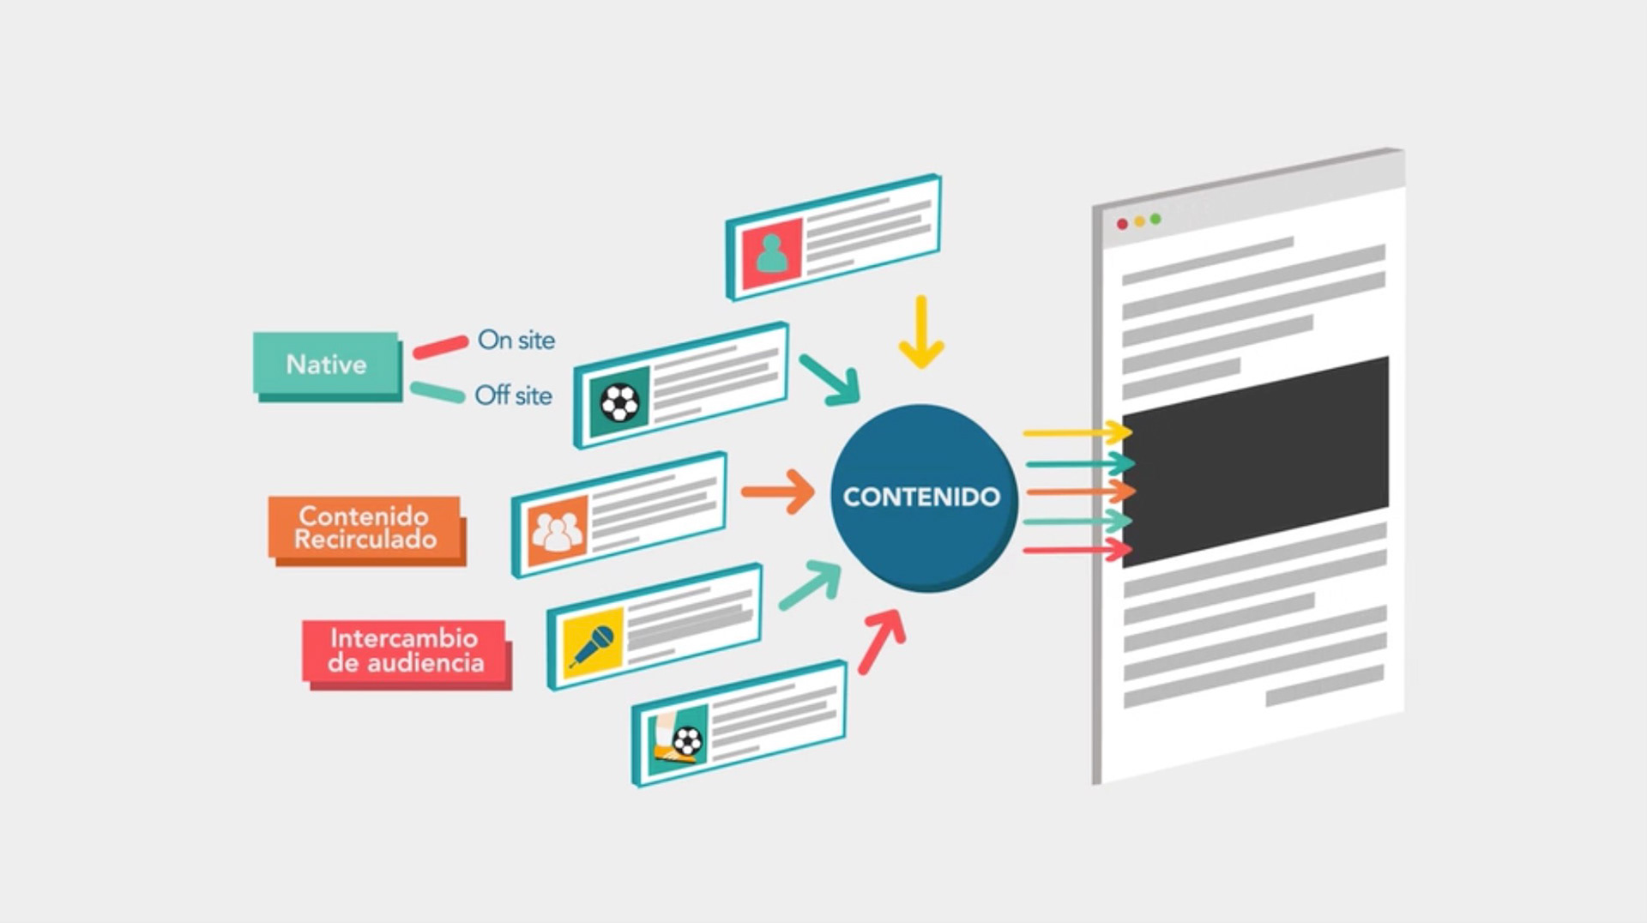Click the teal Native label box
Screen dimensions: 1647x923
coord(326,364)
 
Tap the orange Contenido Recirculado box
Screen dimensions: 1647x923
coord(365,528)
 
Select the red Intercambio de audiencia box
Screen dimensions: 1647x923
coord(404,650)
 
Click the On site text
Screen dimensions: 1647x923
coord(516,340)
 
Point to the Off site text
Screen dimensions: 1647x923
coord(513,395)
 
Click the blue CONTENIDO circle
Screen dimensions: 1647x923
coord(922,497)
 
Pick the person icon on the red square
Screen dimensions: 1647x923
coord(772,253)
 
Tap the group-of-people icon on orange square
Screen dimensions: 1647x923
coord(557,530)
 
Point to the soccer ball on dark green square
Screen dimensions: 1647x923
coord(619,402)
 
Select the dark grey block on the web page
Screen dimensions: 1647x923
coord(1255,461)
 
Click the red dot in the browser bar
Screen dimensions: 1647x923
coord(1122,224)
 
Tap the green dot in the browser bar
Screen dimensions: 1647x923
coord(1155,219)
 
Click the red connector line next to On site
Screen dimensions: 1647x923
coord(440,347)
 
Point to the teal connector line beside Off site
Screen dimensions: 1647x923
coord(437,392)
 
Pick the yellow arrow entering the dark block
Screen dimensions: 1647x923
coord(1077,432)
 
